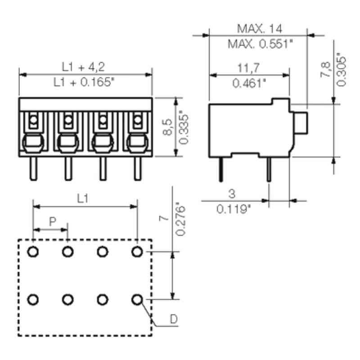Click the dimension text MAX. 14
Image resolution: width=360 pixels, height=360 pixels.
tap(260, 29)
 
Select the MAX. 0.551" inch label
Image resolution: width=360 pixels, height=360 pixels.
tap(260, 44)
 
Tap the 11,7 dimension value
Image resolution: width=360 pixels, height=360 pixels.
tap(249, 68)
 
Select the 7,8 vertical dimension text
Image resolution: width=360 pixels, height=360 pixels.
tap(325, 70)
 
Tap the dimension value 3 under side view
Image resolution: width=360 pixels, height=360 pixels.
tap(232, 193)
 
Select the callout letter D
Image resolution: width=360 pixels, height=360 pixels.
tap(174, 319)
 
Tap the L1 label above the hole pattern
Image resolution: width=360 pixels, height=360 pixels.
tap(82, 198)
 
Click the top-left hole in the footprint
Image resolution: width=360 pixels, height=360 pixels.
tap(33, 252)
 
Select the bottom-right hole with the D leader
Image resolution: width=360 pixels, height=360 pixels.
tap(137, 299)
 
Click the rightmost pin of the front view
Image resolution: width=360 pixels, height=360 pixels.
tap(137, 169)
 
